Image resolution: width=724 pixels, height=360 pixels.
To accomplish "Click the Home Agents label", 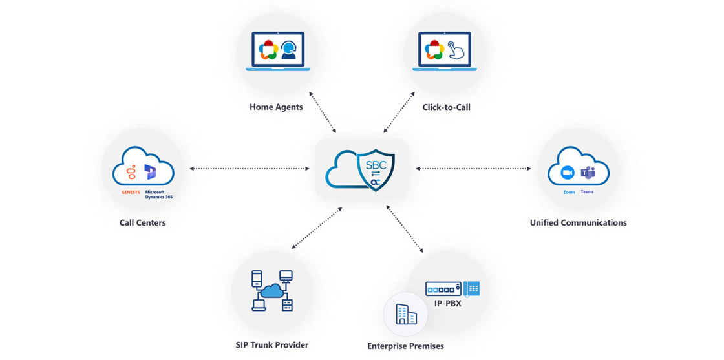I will tap(276, 107).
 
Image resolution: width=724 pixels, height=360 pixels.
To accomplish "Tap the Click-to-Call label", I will tap(446, 107).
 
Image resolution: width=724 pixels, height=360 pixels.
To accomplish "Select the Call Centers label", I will tap(142, 222).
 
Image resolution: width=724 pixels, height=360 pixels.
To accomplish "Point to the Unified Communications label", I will tap(578, 222).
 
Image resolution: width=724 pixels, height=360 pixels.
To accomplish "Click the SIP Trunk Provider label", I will tap(272, 345).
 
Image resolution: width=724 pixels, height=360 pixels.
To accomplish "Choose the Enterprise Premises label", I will tap(405, 346).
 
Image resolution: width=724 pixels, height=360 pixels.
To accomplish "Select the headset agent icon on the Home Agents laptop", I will tap(289, 51).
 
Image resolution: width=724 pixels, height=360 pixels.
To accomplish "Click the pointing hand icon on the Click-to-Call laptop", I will tap(458, 51).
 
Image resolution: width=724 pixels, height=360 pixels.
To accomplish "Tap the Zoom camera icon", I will tap(568, 173).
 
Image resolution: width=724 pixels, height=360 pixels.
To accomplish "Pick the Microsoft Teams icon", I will tap(588, 173).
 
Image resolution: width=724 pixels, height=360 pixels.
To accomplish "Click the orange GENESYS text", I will tap(131, 192).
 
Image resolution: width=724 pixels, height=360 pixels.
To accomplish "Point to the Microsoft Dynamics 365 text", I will tap(158, 195).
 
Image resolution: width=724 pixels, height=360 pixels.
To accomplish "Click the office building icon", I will tap(406, 315).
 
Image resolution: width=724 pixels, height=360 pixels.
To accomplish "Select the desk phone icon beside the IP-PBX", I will tap(472, 288).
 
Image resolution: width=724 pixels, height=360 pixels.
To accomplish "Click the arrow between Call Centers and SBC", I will tap(250, 169).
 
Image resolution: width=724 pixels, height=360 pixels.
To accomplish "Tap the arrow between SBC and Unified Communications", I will tap(473, 169).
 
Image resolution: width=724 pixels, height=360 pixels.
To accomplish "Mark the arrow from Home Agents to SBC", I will tap(323, 112).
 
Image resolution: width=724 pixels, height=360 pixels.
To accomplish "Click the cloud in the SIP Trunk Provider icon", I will tap(271, 291).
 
